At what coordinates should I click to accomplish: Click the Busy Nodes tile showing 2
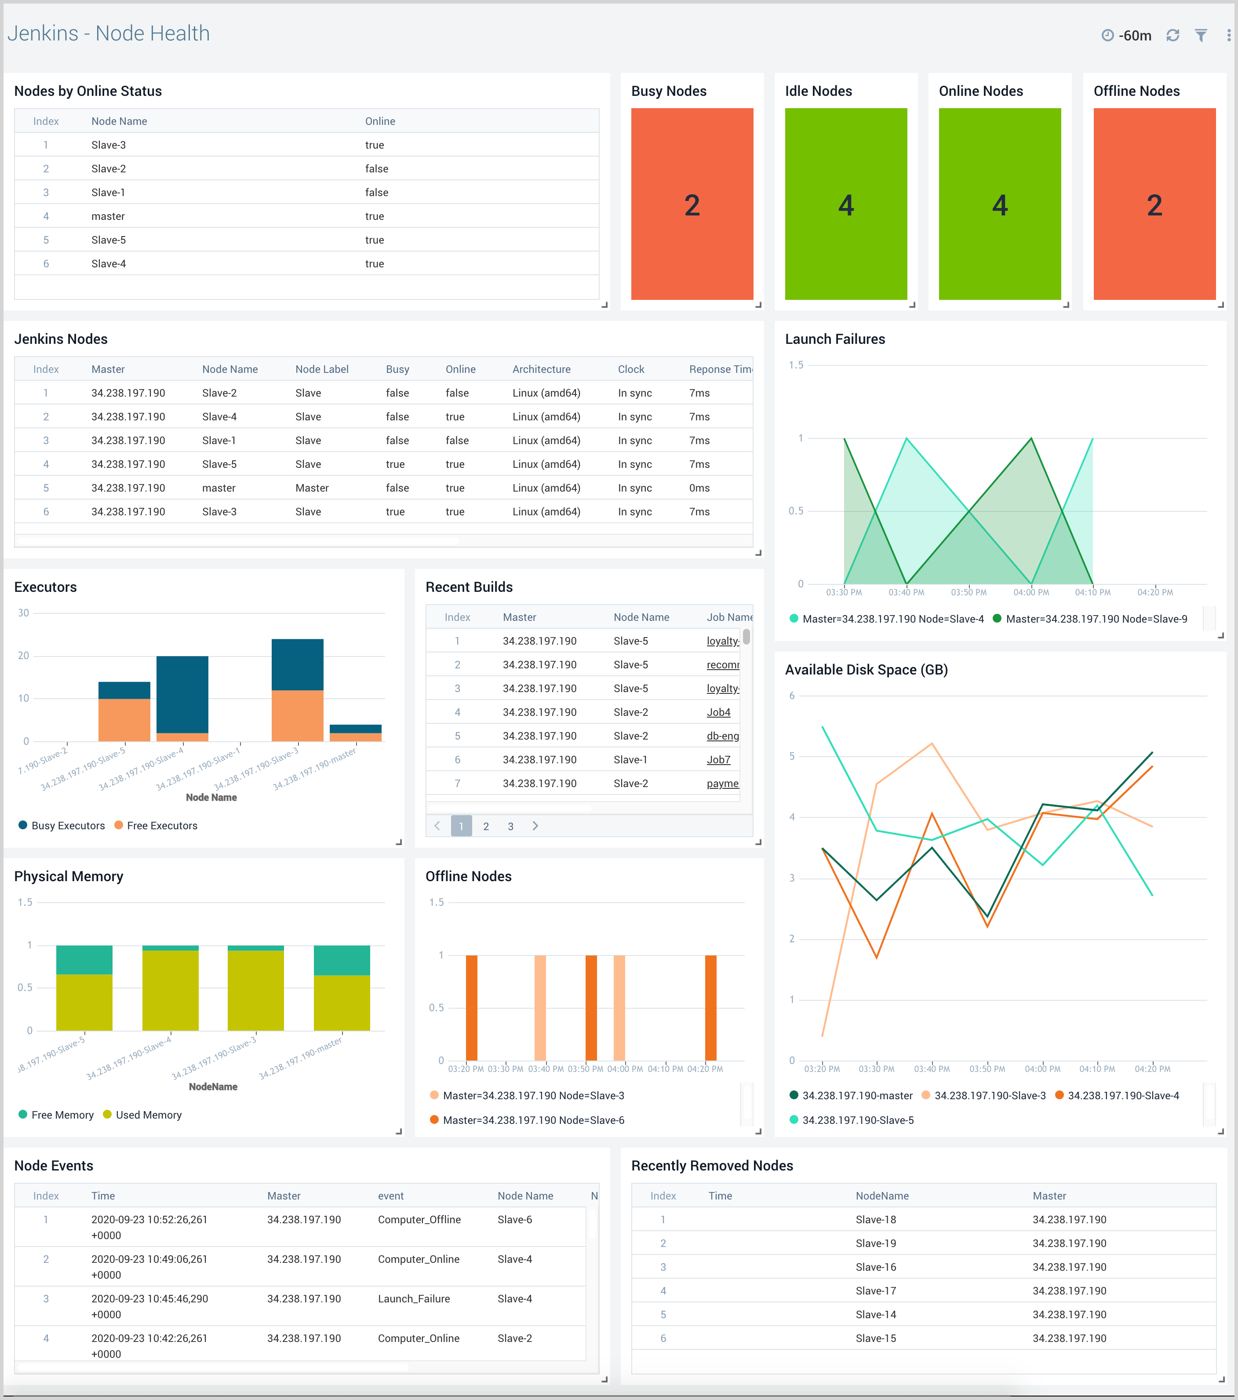692,204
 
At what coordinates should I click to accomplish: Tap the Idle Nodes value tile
846,204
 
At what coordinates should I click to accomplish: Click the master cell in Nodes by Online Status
108,216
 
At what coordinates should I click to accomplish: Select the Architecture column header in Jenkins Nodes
541,369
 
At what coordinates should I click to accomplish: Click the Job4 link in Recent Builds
718,712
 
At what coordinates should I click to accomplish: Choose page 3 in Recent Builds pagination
510,827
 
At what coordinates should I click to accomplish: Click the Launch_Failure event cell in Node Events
414,1298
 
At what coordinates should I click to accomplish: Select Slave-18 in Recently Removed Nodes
875,1220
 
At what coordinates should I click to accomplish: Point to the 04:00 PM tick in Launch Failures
1030,592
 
